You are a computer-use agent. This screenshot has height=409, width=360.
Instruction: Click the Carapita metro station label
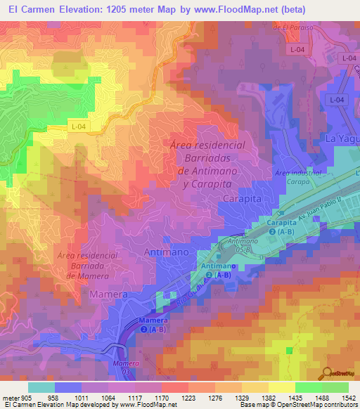click(281, 226)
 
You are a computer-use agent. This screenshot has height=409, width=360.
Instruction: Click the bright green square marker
click(289, 350)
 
